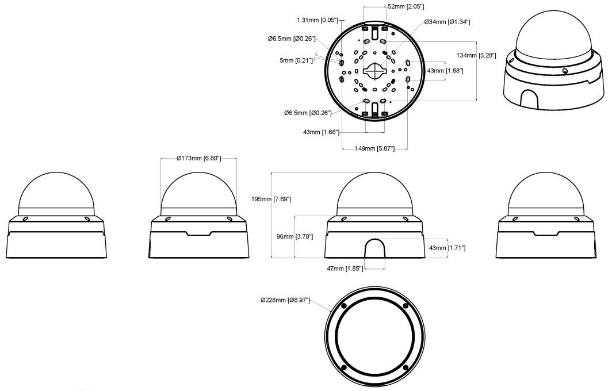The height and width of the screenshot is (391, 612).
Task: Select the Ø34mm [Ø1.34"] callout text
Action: (x=447, y=22)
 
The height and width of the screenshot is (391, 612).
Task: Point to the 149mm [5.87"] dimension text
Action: (x=374, y=148)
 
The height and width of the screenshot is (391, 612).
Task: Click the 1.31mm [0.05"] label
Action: (x=317, y=20)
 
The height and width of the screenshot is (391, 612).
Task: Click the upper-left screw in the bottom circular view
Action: (x=343, y=305)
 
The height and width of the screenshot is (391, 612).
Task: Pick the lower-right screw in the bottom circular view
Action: (x=406, y=367)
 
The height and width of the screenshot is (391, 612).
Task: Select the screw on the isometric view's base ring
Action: (x=565, y=71)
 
